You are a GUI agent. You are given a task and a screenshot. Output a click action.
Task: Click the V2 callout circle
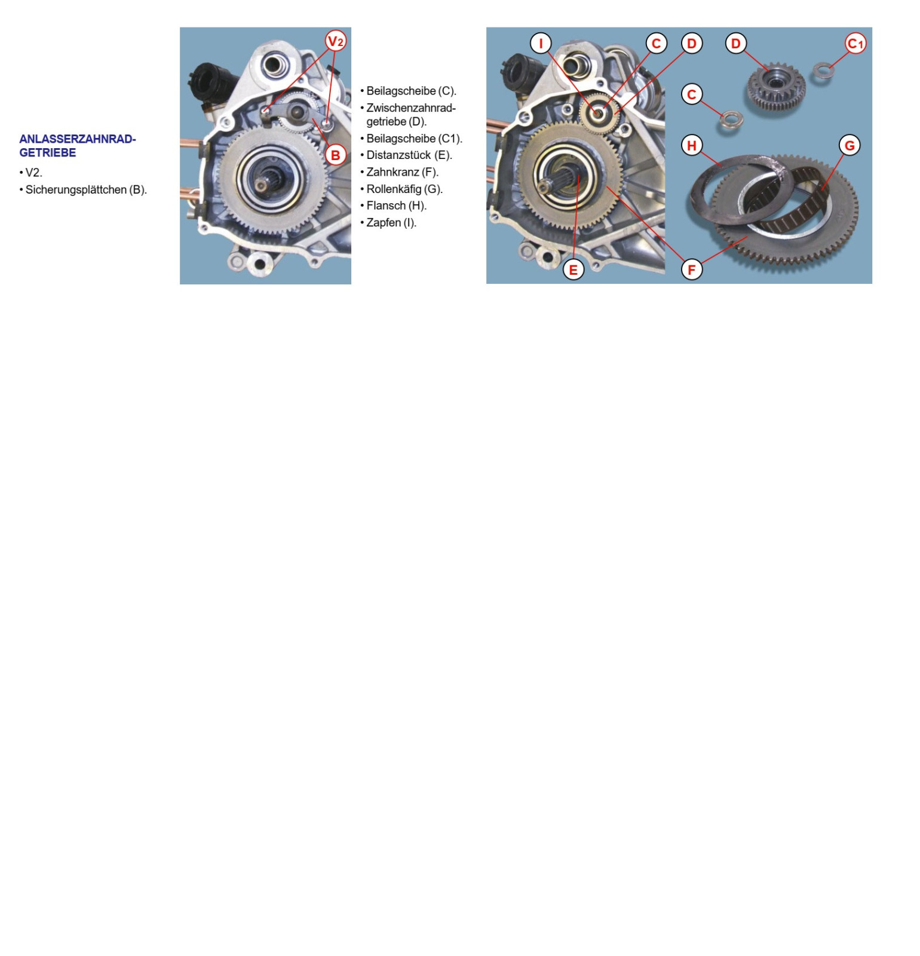click(336, 41)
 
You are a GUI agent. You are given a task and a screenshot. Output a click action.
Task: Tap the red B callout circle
click(336, 155)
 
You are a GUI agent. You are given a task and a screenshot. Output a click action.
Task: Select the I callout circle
click(541, 43)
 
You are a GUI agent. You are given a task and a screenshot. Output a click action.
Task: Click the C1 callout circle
click(855, 43)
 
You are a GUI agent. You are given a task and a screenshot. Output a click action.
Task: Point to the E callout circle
click(574, 269)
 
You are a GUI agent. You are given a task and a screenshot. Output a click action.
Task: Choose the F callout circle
click(692, 269)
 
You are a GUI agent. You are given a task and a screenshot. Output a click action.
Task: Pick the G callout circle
click(850, 145)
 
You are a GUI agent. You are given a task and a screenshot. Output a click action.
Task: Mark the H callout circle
click(692, 145)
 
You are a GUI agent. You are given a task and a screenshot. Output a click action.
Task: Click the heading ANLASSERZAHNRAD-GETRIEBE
click(78, 146)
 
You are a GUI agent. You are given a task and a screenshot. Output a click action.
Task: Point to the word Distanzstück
click(398, 155)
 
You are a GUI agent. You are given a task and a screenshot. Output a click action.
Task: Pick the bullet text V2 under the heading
click(33, 173)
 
